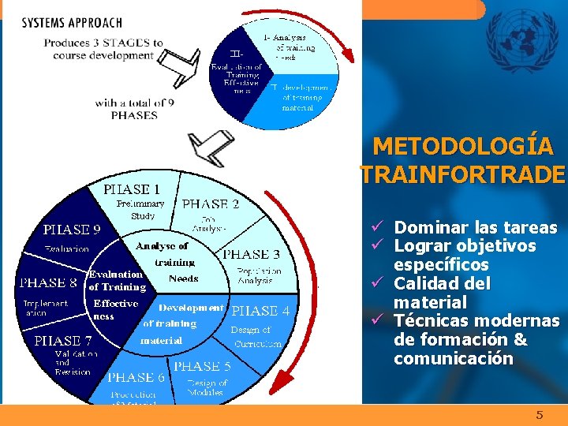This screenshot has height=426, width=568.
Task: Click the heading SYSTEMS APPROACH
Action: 72,23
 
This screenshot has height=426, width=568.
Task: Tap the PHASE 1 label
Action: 132,189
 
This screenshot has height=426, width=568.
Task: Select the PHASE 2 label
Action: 210,204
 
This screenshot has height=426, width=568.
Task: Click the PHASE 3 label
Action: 251,254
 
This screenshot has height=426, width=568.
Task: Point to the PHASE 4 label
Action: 261,311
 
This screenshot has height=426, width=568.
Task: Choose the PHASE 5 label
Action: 202,366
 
